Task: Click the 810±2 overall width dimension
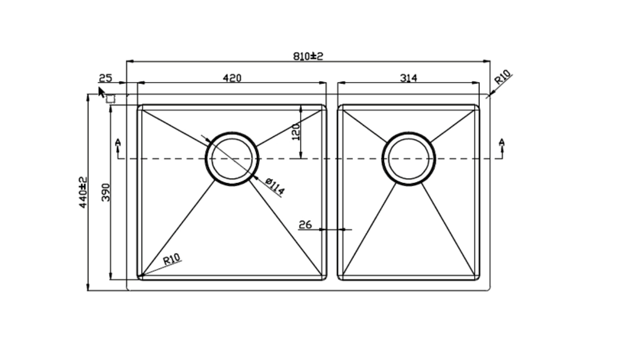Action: [x=308, y=56]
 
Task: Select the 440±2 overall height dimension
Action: [x=83, y=192]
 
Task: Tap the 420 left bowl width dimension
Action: [x=232, y=78]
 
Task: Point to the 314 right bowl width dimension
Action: [x=408, y=77]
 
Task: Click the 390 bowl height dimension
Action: [x=105, y=192]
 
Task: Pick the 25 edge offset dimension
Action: [x=105, y=78]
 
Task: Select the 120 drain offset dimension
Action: [x=296, y=131]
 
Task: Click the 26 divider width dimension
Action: [x=305, y=225]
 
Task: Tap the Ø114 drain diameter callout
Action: [x=275, y=186]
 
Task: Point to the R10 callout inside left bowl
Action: [x=171, y=259]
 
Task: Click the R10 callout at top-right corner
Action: [x=502, y=77]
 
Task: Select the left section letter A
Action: [x=117, y=142]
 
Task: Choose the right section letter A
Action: [x=501, y=142]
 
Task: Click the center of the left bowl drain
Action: [x=232, y=159]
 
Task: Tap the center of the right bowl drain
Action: [x=408, y=159]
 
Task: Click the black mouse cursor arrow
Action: [x=101, y=92]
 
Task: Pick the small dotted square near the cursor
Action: [x=110, y=99]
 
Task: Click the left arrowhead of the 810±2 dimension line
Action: [x=130, y=61]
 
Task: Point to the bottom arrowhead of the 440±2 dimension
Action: [x=88, y=287]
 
